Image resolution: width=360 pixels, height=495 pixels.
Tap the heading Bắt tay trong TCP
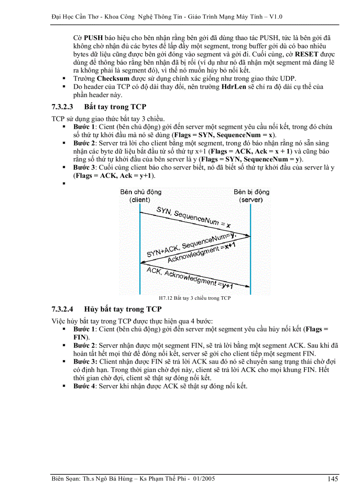click(x=115, y=107)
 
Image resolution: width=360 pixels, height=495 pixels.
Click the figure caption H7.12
click(x=195, y=298)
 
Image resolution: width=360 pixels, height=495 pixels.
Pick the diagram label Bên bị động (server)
click(x=251, y=196)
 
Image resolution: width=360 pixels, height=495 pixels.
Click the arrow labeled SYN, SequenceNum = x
click(x=194, y=223)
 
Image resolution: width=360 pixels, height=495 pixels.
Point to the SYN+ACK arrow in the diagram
click(x=194, y=249)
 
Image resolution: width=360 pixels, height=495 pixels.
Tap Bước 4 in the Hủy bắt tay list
click(x=84, y=386)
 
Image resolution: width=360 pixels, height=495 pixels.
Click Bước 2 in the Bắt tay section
click(x=84, y=143)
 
